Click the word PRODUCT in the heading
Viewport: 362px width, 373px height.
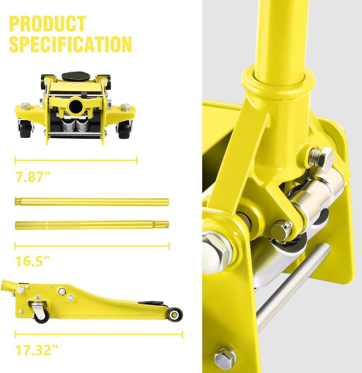coord(48,24)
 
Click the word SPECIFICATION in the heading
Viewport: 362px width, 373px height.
coord(70,44)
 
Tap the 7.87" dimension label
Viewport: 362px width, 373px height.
coord(33,176)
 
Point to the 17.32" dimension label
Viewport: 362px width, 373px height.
coord(37,350)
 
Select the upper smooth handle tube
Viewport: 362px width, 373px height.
coord(91,202)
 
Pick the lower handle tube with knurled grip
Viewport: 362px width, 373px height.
coord(91,225)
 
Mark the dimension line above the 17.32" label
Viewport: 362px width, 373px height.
coord(99,334)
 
